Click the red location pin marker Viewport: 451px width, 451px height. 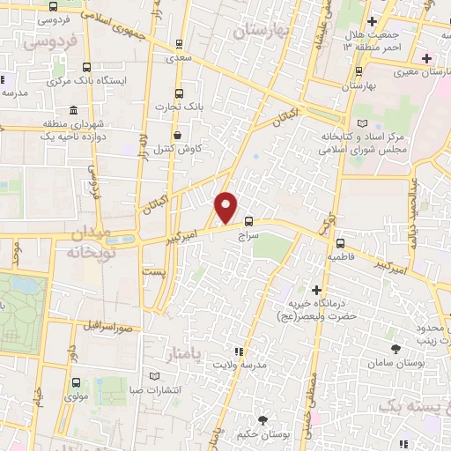click(x=226, y=207)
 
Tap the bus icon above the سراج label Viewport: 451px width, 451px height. click(x=248, y=221)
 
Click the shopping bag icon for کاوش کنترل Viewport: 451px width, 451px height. click(x=179, y=136)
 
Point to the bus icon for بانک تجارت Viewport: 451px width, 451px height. click(x=180, y=93)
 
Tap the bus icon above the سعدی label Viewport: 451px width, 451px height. click(x=180, y=42)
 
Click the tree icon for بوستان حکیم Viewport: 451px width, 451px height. click(x=261, y=419)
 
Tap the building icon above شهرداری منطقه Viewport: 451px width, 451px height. click(x=71, y=112)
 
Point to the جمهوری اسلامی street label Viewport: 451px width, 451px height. click(x=119, y=26)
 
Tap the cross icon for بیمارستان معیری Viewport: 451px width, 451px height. click(x=427, y=58)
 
